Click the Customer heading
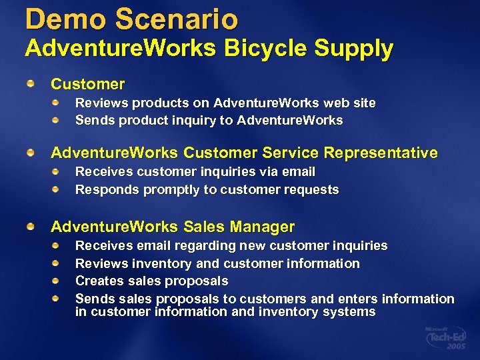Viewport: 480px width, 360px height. click(x=87, y=84)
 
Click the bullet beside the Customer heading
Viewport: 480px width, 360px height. click(x=31, y=83)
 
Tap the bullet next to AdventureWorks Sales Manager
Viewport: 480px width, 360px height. click(x=31, y=227)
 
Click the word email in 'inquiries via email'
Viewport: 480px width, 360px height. click(x=298, y=172)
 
